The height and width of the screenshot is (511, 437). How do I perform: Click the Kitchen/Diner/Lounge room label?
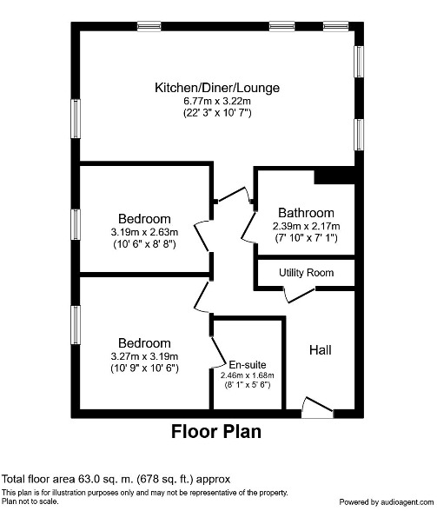coord(217,88)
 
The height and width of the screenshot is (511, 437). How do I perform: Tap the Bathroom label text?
coord(306,213)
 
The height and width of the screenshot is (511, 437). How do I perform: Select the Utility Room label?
coord(307,273)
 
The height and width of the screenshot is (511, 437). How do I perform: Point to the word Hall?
coord(321,350)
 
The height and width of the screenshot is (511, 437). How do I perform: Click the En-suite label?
coord(248,364)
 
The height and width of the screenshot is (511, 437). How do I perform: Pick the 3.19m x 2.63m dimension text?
coord(144,232)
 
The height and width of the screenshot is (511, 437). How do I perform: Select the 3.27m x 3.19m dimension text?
coord(144,356)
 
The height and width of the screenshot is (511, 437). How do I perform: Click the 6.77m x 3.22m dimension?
coord(217,101)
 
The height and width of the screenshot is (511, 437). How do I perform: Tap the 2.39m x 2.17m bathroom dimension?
coord(306,226)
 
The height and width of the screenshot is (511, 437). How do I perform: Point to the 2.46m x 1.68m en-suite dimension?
coord(248,375)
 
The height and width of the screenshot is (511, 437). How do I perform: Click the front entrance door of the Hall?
coord(318,407)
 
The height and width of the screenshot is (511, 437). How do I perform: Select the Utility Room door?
coord(300,295)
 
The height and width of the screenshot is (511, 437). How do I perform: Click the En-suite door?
coord(219,352)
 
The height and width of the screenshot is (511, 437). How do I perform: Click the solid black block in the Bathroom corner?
coord(334,176)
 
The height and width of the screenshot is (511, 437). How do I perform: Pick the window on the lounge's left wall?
coord(76,118)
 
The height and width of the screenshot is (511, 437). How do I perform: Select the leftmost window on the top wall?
coord(149,26)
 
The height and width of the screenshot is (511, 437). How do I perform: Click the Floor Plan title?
coord(216,431)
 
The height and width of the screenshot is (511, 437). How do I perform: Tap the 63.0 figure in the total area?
coord(88,479)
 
